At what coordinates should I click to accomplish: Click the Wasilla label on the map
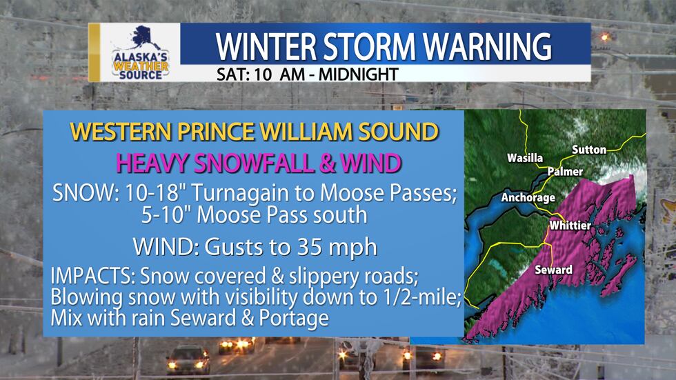tap(525, 159)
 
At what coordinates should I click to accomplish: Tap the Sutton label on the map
tap(588, 150)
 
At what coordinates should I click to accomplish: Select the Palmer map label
tap(566, 172)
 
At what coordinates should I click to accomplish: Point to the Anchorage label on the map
tap(528, 198)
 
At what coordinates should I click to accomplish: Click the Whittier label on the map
tap(570, 226)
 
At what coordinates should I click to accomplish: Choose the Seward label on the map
tap(553, 270)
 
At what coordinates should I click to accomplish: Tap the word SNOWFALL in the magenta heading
tap(259, 163)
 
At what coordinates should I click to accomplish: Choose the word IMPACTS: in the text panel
tap(92, 277)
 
